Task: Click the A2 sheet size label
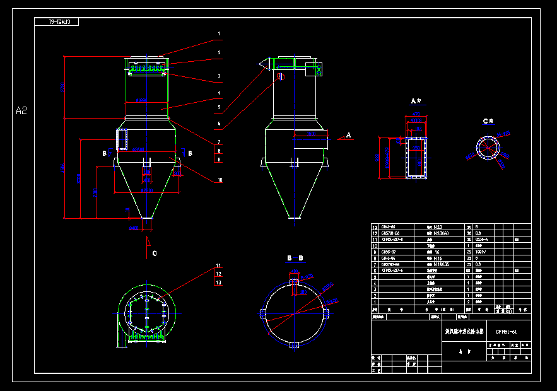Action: pos(21,111)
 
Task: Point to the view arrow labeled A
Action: pos(349,135)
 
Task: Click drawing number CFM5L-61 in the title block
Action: pos(506,331)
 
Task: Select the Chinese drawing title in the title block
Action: pos(464,331)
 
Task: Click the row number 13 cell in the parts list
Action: pos(375,227)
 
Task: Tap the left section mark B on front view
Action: pos(105,153)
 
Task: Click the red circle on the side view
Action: pos(281,77)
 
